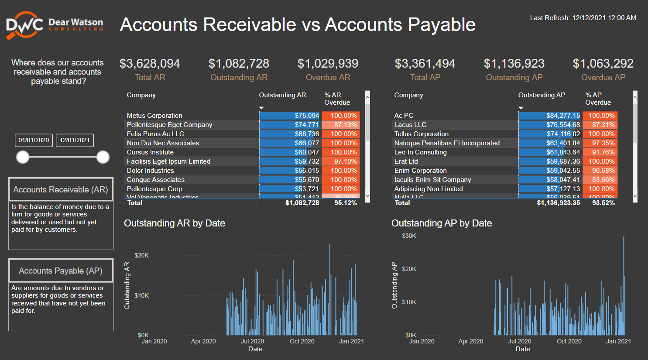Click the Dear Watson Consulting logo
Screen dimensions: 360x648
coord(55,25)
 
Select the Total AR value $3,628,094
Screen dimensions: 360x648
coord(150,64)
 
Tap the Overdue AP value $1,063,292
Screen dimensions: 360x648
coord(603,64)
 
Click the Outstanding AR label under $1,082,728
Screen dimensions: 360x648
coord(239,78)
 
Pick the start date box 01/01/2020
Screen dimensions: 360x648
coord(34,140)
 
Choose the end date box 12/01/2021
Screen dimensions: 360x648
coord(75,140)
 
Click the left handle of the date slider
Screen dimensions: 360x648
coord(23,157)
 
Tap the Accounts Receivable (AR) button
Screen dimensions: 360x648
coord(61,190)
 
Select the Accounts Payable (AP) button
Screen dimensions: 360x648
coord(61,271)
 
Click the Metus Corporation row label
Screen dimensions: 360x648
coord(154,116)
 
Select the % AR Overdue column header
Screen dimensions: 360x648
coord(337,99)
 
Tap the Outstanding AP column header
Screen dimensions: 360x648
coord(542,95)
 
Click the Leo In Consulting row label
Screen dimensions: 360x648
coord(420,152)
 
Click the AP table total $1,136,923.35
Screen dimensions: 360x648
coord(559,203)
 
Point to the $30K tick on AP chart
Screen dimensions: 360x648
coord(409,236)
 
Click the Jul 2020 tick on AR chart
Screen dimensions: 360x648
coord(252,341)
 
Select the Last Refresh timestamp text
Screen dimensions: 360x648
coord(583,18)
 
